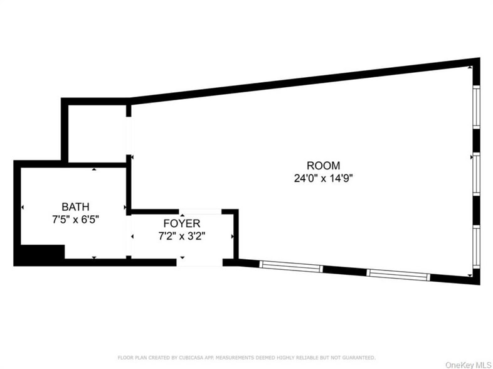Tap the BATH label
(75, 206)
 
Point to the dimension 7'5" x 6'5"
(75, 219)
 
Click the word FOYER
(181, 223)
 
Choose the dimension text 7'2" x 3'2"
(181, 236)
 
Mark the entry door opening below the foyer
(199, 262)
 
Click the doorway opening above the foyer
(200, 211)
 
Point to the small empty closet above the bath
(96, 132)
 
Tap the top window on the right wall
(476, 107)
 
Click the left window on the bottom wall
(291, 266)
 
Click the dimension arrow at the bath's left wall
(23, 208)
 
